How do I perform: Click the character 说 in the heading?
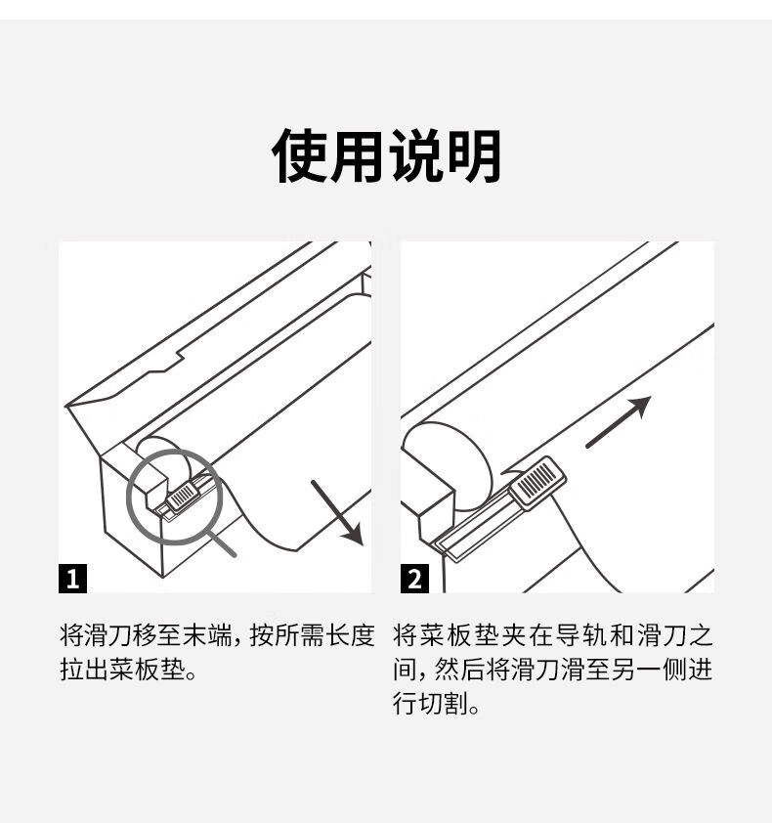click(x=415, y=155)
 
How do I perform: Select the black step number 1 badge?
click(x=73, y=579)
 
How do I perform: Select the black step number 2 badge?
click(x=414, y=579)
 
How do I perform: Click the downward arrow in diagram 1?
click(x=338, y=513)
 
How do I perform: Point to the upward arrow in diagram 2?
click(x=619, y=422)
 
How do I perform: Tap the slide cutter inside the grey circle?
click(x=181, y=496)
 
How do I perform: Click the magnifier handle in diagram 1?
click(x=222, y=542)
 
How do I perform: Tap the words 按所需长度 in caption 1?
click(x=312, y=635)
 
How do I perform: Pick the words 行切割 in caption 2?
click(x=430, y=703)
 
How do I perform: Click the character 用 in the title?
click(x=357, y=155)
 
